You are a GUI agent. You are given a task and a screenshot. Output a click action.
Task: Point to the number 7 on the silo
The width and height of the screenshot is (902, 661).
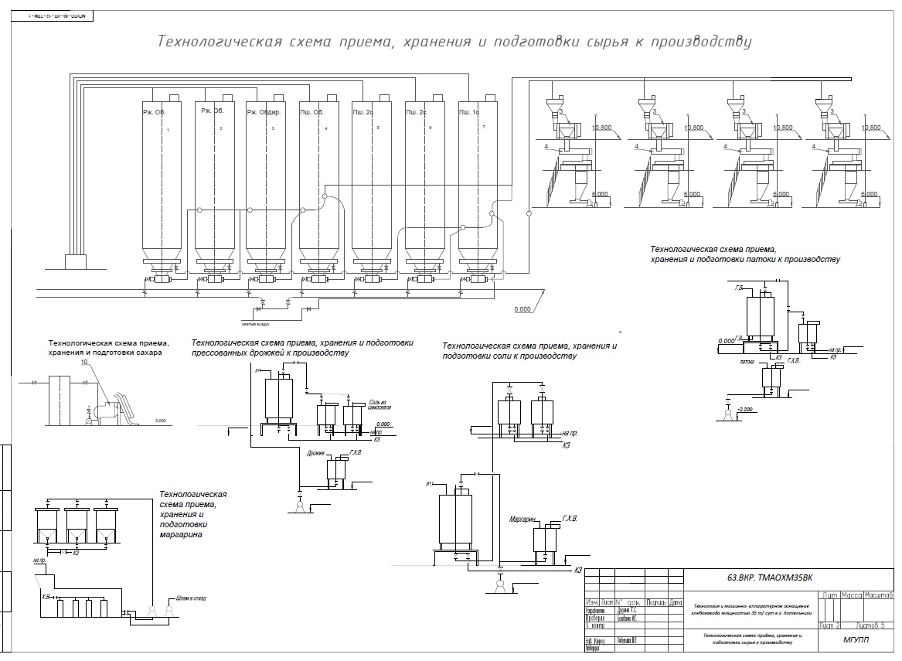(x=483, y=126)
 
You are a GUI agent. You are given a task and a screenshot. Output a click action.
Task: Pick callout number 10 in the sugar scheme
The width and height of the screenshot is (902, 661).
(x=83, y=363)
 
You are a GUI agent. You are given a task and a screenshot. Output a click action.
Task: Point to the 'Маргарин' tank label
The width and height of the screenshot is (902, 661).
(x=522, y=520)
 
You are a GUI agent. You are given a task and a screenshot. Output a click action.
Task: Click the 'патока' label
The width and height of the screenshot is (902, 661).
(x=747, y=360)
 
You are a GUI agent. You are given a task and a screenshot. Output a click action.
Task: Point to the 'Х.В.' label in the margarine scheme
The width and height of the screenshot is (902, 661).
(x=46, y=597)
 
